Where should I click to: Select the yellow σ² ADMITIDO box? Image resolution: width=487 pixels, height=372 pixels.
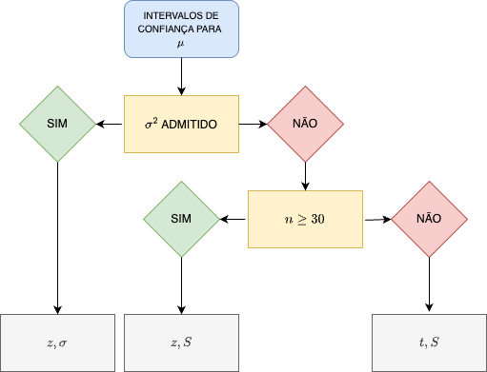181,124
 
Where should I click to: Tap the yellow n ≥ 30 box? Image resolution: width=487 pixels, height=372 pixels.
305,219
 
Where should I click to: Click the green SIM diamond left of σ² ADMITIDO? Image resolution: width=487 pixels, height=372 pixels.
57,124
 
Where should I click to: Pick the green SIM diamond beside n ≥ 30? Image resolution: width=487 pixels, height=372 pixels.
181,219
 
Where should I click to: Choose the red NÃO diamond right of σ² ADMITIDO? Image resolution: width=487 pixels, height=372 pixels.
305,124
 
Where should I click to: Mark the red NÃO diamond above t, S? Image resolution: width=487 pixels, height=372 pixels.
429,219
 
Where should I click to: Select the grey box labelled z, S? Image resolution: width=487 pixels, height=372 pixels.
181,342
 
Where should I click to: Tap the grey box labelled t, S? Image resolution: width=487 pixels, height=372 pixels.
429,342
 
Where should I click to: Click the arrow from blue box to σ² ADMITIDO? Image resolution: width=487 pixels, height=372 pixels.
181,75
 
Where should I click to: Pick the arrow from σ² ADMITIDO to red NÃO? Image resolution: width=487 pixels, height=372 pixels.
253,124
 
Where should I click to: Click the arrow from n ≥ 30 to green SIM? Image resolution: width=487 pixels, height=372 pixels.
233,219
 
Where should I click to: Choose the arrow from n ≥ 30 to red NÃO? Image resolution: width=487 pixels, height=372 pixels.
376,219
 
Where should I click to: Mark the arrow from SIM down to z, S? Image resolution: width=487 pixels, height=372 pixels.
181,284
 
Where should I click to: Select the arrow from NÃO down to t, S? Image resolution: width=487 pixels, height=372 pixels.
429,284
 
